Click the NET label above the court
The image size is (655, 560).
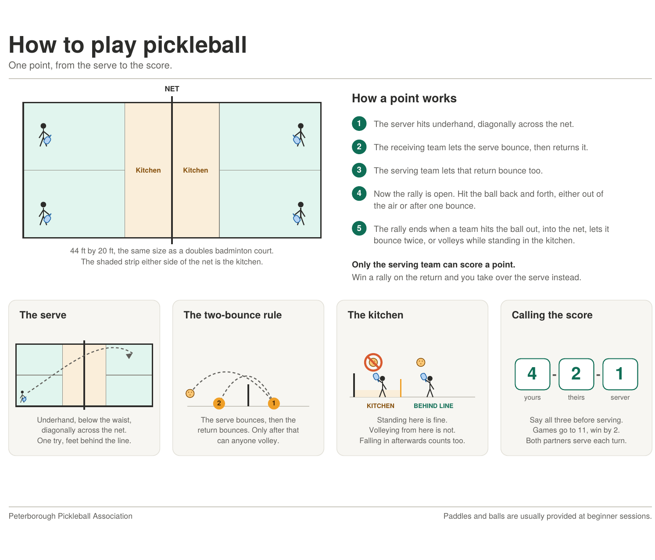[172, 89]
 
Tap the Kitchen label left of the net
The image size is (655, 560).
[148, 170]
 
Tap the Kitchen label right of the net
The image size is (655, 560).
[195, 170]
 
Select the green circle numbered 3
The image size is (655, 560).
[359, 170]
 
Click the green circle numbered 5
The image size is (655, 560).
[359, 228]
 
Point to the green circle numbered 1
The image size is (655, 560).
[359, 123]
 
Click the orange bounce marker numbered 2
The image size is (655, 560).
[218, 403]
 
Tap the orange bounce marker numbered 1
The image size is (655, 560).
[273, 403]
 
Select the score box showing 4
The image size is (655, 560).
[532, 374]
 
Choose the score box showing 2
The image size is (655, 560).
[576, 374]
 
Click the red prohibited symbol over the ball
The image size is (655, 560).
[373, 362]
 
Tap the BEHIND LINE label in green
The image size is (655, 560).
[433, 405]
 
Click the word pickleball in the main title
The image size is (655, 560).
[194, 45]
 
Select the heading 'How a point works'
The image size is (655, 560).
[404, 98]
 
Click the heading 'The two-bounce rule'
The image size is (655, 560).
[232, 315]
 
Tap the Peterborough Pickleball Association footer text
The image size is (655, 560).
[70, 516]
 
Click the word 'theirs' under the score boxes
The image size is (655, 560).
[576, 397]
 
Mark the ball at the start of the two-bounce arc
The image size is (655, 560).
[190, 394]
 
